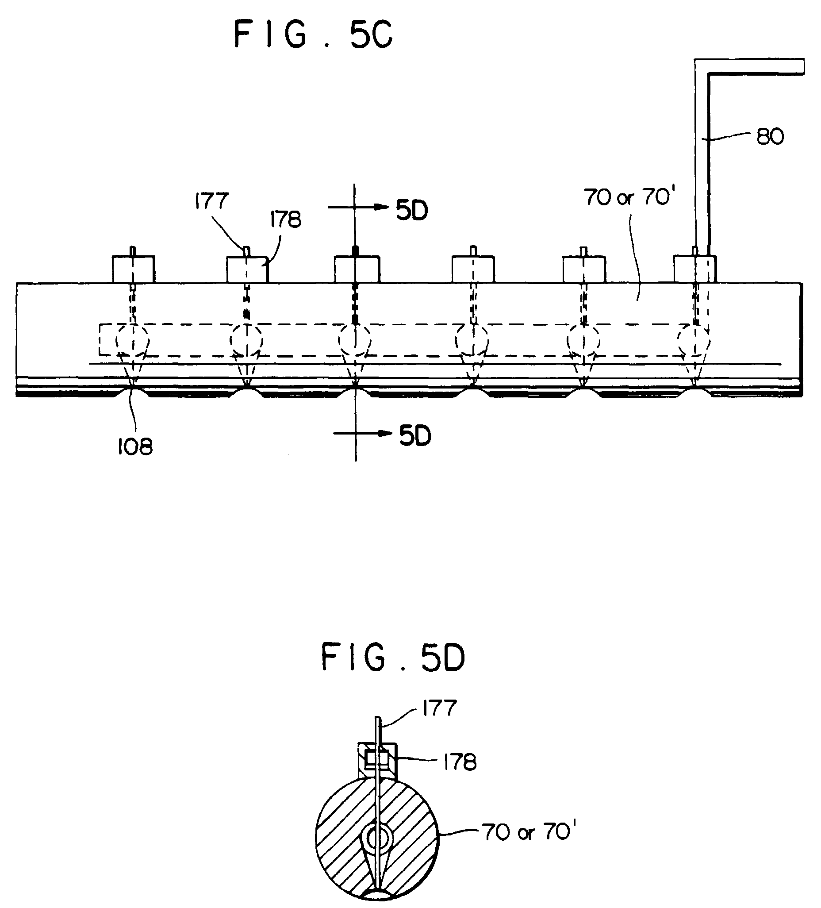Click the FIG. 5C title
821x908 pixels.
314,35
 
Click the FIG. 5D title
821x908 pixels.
393,658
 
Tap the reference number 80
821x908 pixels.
770,136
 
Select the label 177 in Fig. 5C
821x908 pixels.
211,201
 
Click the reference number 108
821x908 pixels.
135,447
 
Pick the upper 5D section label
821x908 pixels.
412,210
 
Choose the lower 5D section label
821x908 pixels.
415,436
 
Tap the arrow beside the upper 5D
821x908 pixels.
358,207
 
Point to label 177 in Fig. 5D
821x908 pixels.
439,708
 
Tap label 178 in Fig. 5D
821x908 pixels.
459,762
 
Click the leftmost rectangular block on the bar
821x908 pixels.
133,269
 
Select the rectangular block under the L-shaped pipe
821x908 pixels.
695,269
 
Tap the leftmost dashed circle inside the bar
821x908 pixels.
133,340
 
